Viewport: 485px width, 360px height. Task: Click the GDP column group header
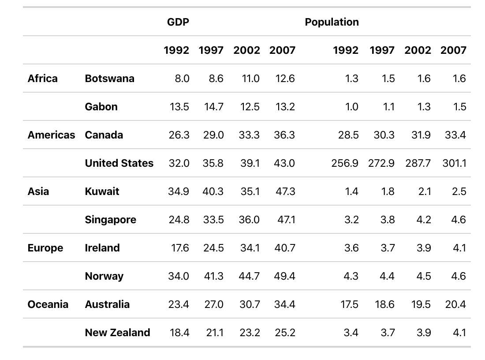(178, 22)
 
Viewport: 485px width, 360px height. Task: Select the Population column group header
(332, 22)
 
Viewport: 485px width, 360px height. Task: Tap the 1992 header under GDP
(176, 50)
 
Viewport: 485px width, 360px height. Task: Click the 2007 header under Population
(453, 50)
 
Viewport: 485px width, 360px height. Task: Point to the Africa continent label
(42, 79)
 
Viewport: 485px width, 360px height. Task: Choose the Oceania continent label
(48, 304)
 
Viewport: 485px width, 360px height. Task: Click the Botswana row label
(109, 79)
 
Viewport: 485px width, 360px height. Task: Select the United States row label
(119, 163)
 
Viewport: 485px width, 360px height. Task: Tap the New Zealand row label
(117, 333)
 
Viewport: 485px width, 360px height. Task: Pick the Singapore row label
(110, 220)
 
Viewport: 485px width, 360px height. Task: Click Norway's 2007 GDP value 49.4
(284, 276)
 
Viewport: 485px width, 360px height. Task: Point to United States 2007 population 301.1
(454, 163)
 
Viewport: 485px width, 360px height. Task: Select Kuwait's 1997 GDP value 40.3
(213, 191)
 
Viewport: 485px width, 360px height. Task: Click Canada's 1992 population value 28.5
(348, 135)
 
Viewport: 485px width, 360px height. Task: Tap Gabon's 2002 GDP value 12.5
(249, 107)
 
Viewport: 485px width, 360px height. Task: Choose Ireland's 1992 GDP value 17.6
(180, 248)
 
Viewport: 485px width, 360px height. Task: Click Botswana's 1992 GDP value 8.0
(182, 79)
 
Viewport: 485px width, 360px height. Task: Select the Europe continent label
(45, 248)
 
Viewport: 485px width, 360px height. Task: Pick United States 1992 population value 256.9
(345, 163)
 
